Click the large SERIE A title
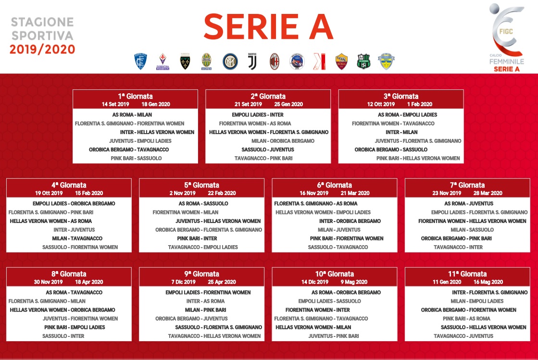[268, 27]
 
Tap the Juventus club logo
[252, 62]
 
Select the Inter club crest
[230, 62]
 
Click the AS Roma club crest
[341, 62]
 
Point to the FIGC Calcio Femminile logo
[507, 37]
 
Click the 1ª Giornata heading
[135, 96]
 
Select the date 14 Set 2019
[115, 104]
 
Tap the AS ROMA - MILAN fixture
[132, 115]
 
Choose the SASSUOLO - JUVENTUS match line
[268, 149]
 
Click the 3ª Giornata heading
[401, 96]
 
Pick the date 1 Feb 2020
[420, 104]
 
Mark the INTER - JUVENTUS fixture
[74, 230]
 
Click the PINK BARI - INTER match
[197, 238]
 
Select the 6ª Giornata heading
[335, 185]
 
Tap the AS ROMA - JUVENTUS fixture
[469, 203]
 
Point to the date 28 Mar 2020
[488, 193]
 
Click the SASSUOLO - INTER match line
[63, 336]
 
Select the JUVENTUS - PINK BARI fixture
[334, 336]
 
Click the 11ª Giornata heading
[467, 274]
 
